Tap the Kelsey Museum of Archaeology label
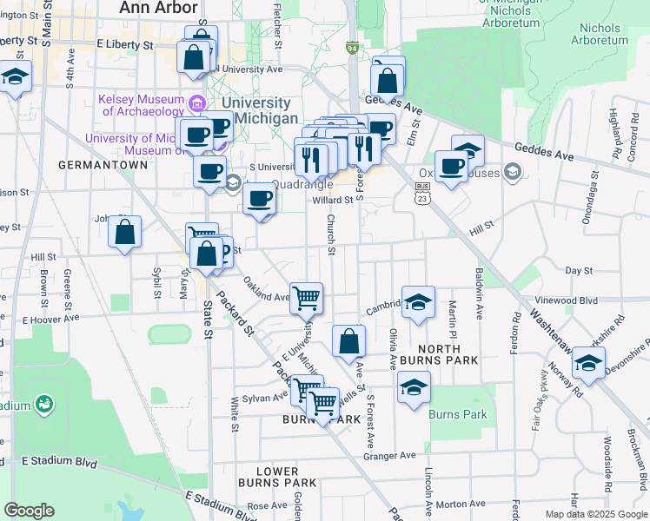click(143, 105)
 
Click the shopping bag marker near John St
click(125, 232)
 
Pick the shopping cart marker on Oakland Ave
click(306, 298)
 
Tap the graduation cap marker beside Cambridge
click(418, 302)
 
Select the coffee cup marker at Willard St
click(259, 200)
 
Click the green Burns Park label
click(457, 414)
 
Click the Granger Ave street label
click(391, 455)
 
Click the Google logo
click(29, 510)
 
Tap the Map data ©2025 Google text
click(595, 514)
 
